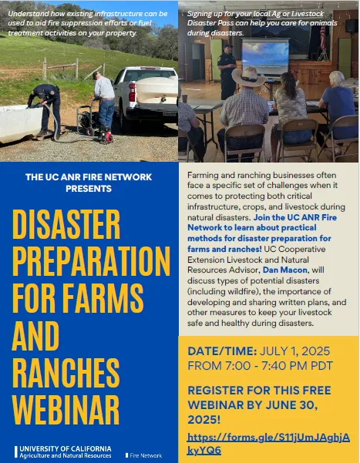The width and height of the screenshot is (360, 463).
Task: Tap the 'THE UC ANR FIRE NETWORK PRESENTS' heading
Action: pyautogui.click(x=89, y=182)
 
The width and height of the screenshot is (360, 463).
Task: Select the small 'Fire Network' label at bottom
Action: pyautogui.click(x=144, y=456)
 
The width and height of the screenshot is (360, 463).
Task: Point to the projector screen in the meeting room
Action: pyautogui.click(x=265, y=58)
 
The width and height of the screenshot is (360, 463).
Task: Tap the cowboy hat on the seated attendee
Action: pyautogui.click(x=248, y=77)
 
